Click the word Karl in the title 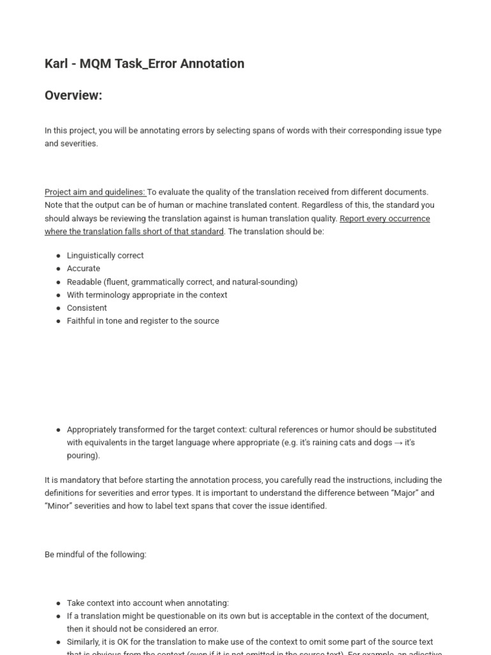pyautogui.click(x=56, y=63)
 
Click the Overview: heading pyautogui.click(x=74, y=95)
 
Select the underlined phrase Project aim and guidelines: pyautogui.click(x=95, y=192)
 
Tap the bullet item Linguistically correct pyautogui.click(x=105, y=255)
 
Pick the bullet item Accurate pyautogui.click(x=83, y=269)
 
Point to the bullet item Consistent pyautogui.click(x=86, y=308)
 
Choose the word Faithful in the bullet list pyautogui.click(x=81, y=320)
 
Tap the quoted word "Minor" pyautogui.click(x=59, y=506)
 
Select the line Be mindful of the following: pyautogui.click(x=95, y=555)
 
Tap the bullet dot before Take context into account pyautogui.click(x=58, y=603)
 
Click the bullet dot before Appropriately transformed pyautogui.click(x=58, y=430)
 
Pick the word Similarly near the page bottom pyautogui.click(x=85, y=642)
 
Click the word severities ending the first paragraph pyautogui.click(x=79, y=143)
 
